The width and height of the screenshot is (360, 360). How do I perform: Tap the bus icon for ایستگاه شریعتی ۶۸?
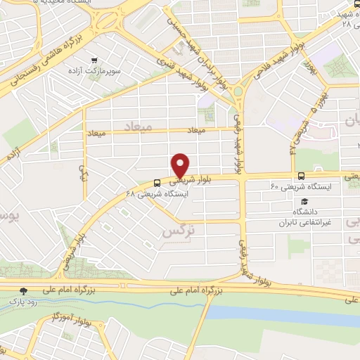click(156, 182)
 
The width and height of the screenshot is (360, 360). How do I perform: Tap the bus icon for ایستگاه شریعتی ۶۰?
click(301, 176)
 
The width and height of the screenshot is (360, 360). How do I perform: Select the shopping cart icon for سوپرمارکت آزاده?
click(104, 61)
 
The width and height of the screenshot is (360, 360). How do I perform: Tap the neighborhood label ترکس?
click(178, 231)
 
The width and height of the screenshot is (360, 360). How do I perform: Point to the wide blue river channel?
click(281, 313)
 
